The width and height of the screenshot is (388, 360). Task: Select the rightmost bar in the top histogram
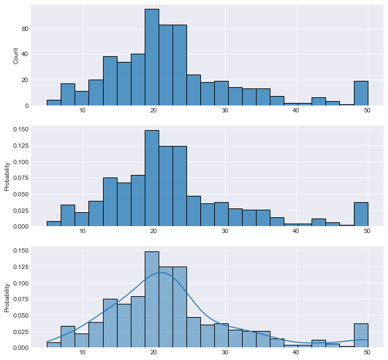coord(361,93)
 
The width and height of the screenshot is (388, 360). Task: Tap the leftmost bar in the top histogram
coord(54,103)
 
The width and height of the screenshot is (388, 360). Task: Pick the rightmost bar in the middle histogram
coord(361,214)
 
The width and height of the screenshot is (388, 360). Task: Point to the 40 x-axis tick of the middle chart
coord(296,232)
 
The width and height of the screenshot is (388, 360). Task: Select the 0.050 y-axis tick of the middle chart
coord(20,194)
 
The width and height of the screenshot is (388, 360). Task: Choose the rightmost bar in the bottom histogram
coord(361,335)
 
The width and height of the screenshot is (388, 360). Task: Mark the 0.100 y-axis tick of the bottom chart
coord(20,283)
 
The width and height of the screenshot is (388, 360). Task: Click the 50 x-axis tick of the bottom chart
coord(367,353)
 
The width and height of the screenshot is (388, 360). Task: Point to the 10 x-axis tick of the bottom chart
coord(82,353)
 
